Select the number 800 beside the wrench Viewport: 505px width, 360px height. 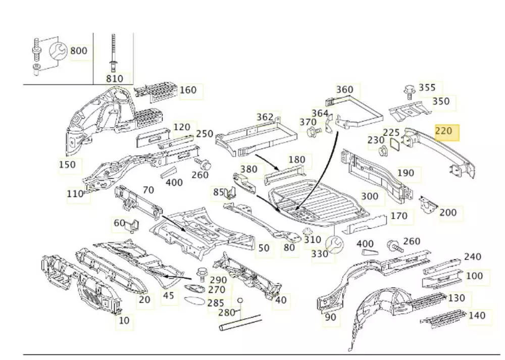[x=79, y=50]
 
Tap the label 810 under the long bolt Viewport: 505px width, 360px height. [x=114, y=78]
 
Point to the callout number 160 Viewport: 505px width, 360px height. [x=188, y=90]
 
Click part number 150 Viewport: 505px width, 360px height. [x=67, y=165]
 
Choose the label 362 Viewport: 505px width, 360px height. [x=265, y=117]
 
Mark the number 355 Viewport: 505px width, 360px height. [x=427, y=88]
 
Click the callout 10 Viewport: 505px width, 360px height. [x=124, y=320]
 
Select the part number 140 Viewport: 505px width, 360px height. [x=477, y=316]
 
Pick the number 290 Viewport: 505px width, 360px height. [x=219, y=280]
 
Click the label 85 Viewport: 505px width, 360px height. [x=218, y=192]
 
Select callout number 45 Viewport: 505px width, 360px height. [x=169, y=295]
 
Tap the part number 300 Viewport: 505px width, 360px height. [x=370, y=196]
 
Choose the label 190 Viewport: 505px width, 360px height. [x=406, y=173]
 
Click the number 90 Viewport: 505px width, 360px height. [x=330, y=317]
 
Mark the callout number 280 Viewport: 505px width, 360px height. [x=227, y=313]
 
